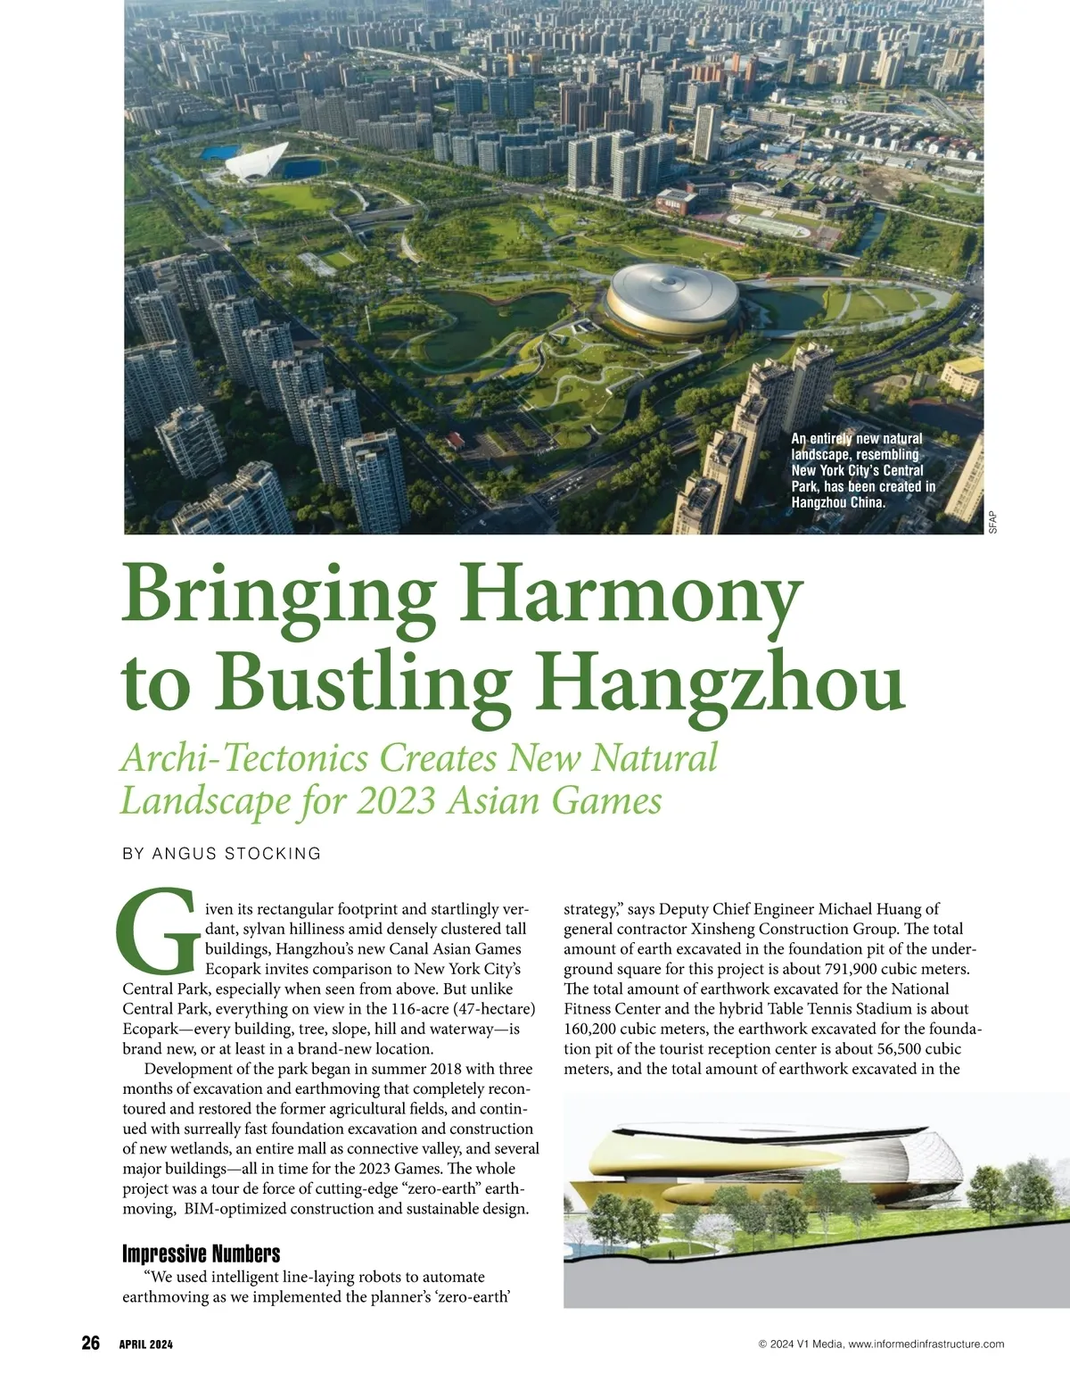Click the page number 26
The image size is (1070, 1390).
(90, 1344)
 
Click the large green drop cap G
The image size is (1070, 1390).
(157, 933)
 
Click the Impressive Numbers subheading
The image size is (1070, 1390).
(201, 1253)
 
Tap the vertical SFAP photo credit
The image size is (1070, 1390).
(993, 522)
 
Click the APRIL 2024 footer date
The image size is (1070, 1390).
(146, 1344)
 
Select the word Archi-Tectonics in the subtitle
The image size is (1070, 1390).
(243, 758)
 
